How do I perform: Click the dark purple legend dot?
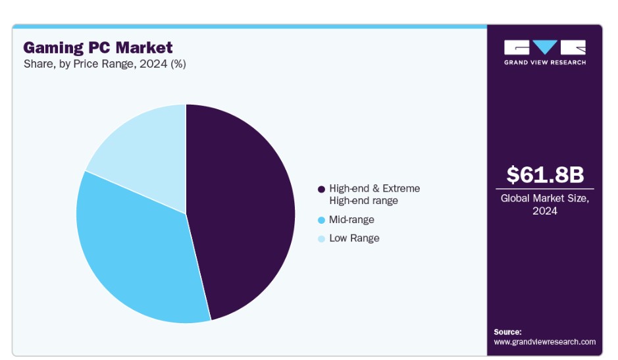coord(321,190)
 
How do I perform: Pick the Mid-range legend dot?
coord(321,220)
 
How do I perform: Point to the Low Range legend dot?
coord(321,238)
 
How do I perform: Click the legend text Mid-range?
coord(351,220)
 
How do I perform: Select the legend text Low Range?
coord(354,238)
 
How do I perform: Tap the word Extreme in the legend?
coord(401,188)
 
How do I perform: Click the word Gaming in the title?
coord(53,47)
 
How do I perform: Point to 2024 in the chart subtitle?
coord(153,64)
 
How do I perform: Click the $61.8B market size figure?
coord(545,174)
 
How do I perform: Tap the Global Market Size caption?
coord(545,204)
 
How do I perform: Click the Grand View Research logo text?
coord(545,63)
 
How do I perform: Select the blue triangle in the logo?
coord(545,47)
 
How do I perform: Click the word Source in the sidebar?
coord(507,332)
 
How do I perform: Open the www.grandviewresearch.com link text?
coord(545,342)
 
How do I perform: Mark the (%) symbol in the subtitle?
coord(178,64)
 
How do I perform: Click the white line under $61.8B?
coord(545,189)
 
